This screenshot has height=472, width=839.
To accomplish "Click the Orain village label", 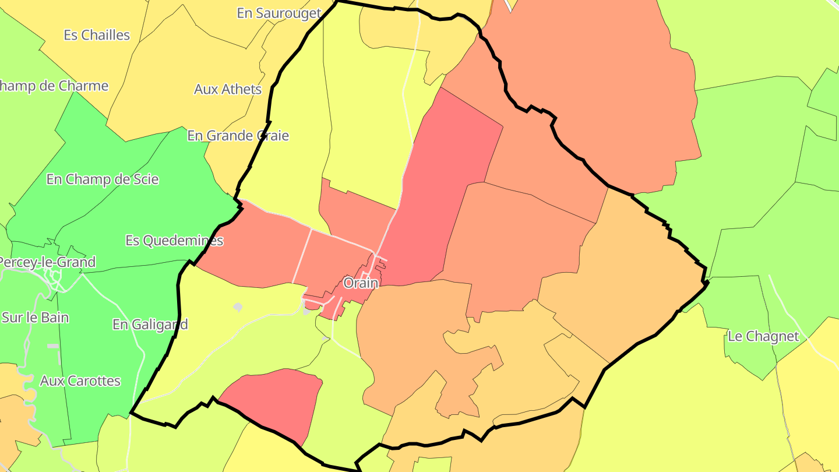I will (361, 283).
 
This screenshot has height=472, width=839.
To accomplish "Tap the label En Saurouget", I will (279, 13).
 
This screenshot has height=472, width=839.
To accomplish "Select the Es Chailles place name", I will (97, 35).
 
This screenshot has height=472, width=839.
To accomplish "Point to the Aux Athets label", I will (228, 89).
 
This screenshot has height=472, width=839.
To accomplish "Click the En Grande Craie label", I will (238, 136).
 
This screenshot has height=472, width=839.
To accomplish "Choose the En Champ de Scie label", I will (103, 179).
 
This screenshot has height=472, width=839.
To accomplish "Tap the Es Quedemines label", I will (174, 240).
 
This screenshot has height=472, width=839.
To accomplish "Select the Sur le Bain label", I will (36, 318).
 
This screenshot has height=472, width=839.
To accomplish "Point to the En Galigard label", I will (150, 324).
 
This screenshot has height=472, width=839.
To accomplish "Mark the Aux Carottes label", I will (80, 381).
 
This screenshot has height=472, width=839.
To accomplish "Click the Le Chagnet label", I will (763, 336).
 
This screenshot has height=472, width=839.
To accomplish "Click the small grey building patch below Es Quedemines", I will (238, 307).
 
